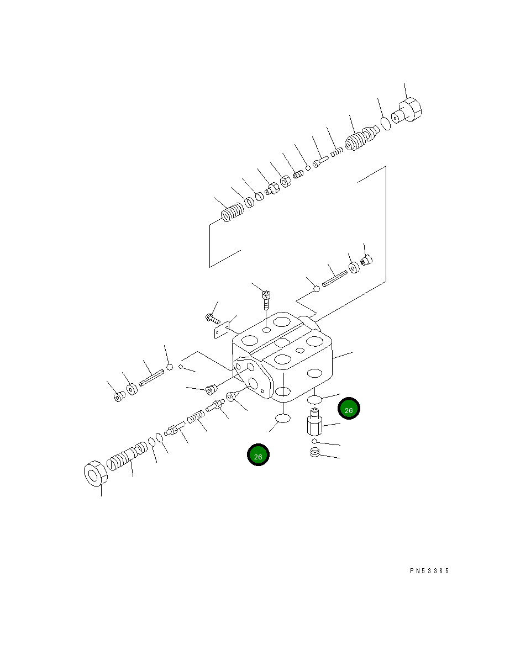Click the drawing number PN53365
(429, 571)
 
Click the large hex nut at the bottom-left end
(94, 474)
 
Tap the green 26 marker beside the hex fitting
(349, 409)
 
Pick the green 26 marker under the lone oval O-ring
(258, 455)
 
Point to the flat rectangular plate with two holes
(222, 330)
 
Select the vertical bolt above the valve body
(266, 298)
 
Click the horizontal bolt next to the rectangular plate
(213, 319)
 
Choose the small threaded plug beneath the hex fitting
(316, 453)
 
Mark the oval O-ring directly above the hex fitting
(314, 399)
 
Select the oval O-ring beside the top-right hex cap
(386, 123)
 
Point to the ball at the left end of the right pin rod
(316, 288)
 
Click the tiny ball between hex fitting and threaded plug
(314, 441)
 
